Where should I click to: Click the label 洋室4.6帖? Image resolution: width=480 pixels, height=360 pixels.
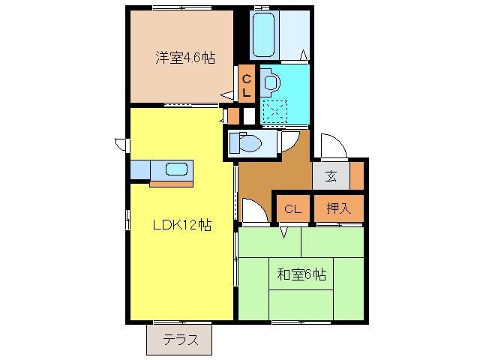click(x=184, y=58)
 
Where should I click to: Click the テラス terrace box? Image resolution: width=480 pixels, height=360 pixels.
click(x=179, y=340)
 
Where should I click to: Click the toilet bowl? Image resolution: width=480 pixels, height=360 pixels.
click(x=244, y=142)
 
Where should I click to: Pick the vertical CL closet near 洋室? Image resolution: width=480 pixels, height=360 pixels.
click(x=247, y=85)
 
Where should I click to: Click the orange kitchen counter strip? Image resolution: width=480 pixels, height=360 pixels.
click(x=171, y=181)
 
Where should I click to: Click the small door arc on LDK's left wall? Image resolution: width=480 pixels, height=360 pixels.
click(x=120, y=142)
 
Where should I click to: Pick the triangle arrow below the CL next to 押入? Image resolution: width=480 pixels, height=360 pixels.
click(x=285, y=232)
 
